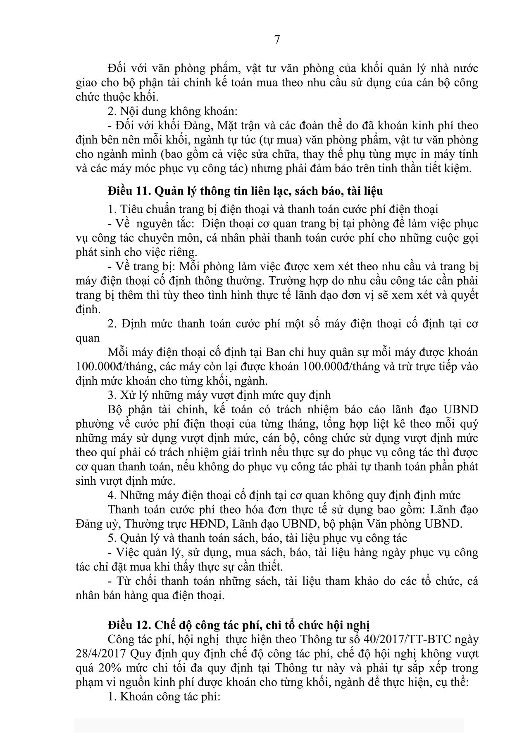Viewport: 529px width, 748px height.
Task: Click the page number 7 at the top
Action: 277,40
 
